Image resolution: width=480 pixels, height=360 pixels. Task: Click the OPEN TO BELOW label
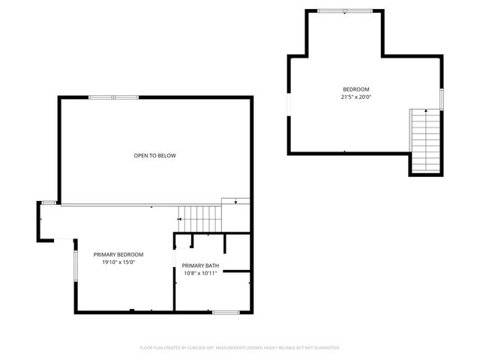pyautogui.click(x=154, y=155)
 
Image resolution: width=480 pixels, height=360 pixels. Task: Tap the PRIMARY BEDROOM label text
pyautogui.click(x=118, y=254)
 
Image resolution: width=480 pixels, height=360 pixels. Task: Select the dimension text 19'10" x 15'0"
pyautogui.click(x=118, y=262)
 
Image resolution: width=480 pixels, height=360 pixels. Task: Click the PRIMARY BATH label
pyautogui.click(x=200, y=265)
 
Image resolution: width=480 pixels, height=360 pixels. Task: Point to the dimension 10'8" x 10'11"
pyautogui.click(x=200, y=273)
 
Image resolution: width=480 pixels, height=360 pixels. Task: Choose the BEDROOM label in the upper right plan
pyautogui.click(x=356, y=89)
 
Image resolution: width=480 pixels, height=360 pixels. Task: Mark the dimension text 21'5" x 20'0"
pyautogui.click(x=356, y=97)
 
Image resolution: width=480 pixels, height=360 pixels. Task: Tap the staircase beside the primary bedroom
pyautogui.click(x=200, y=219)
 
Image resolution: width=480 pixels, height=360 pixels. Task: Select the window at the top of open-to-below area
pyautogui.click(x=113, y=97)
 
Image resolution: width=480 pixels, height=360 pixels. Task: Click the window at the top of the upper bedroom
pyautogui.click(x=344, y=11)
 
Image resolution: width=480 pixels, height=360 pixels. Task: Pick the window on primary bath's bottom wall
pyautogui.click(x=225, y=312)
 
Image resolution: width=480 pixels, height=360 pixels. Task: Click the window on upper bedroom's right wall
pyautogui.click(x=442, y=98)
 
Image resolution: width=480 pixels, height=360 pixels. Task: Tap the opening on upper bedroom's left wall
pyautogui.click(x=289, y=104)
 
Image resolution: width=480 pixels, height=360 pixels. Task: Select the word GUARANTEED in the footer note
pyautogui.click(x=325, y=348)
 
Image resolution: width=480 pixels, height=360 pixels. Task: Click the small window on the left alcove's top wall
pyautogui.click(x=49, y=202)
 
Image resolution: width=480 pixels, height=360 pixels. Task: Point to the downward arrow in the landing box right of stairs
pyautogui.click(x=236, y=201)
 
